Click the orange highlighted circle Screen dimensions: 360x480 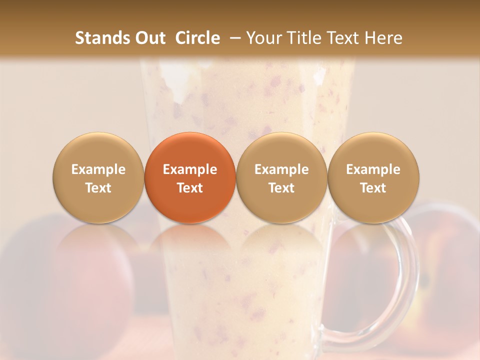click(x=190, y=178)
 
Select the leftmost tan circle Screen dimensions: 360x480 click(x=98, y=178)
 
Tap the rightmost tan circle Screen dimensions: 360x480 click(x=373, y=178)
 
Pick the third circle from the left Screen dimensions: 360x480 click(x=281, y=178)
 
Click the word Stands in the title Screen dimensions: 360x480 click(x=99, y=38)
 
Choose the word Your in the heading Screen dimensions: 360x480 click(x=263, y=38)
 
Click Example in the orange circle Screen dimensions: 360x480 click(x=190, y=169)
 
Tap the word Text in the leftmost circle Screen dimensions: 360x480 click(x=98, y=188)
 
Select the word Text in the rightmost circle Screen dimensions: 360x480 click(x=373, y=188)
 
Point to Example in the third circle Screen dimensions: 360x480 click(x=281, y=169)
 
